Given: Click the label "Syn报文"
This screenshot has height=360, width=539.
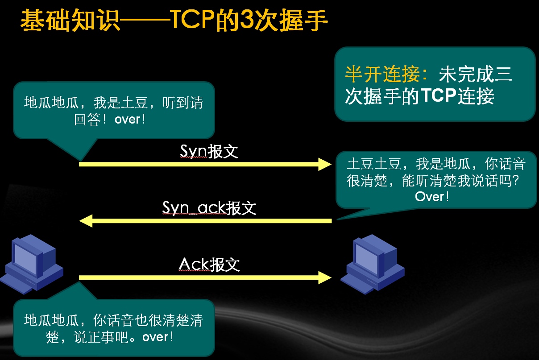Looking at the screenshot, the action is [x=209, y=151].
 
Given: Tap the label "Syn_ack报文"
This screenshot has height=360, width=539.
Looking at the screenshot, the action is [x=209, y=208].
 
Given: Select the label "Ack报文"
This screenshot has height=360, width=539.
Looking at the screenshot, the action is [x=209, y=265].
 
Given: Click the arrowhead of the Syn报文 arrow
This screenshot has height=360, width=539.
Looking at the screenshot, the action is [x=325, y=164].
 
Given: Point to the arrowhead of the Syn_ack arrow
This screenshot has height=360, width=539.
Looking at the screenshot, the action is [x=86, y=221].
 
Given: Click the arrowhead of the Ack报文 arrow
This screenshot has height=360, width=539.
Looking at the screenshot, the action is [x=325, y=278].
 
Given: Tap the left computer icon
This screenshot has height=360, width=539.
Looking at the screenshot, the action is [x=32, y=264].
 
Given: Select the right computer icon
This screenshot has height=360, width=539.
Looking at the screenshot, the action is [x=373, y=264].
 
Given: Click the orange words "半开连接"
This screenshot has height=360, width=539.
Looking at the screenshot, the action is [x=382, y=74].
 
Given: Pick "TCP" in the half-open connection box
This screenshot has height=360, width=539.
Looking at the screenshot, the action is [x=439, y=96].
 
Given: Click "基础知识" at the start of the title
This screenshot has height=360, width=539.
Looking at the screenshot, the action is [x=70, y=20].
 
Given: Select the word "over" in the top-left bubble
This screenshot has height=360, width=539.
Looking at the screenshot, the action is [x=128, y=120].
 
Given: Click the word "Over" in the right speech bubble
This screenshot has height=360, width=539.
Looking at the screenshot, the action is [x=430, y=197].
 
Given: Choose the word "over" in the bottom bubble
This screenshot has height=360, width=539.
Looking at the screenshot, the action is [x=155, y=337].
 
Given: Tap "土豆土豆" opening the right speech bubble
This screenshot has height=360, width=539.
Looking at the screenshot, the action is [x=374, y=164].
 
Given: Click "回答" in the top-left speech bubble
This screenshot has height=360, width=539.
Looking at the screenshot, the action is [x=87, y=120].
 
